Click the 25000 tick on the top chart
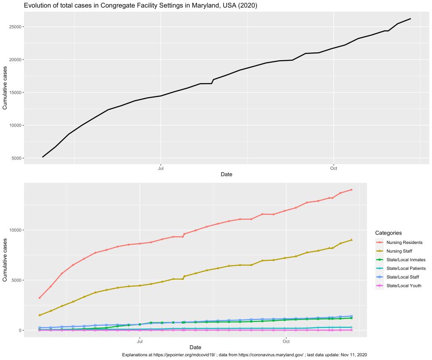[x=15, y=27]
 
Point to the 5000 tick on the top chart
[x=16, y=158]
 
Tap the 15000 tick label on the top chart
[x=15, y=92]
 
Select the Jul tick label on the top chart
[x=161, y=168]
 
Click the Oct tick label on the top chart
[x=333, y=168]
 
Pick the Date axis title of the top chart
[x=226, y=174]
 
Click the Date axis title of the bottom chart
[x=195, y=347]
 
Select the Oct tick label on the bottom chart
[x=286, y=341]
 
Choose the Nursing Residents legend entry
[x=404, y=243]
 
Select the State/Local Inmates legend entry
[x=406, y=260]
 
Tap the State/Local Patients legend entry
[x=406, y=268]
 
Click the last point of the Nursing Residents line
[x=351, y=190]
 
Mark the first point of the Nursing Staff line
[x=40, y=315]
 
